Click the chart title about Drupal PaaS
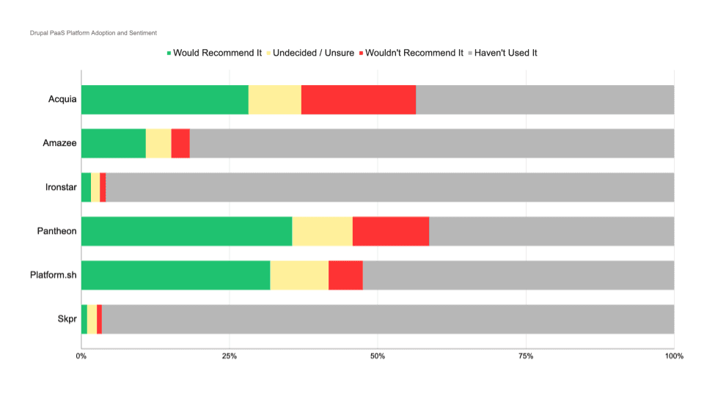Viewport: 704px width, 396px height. pyautogui.click(x=93, y=33)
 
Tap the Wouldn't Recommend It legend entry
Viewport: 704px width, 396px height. pyautogui.click(x=414, y=53)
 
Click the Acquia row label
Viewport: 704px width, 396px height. pyautogui.click(x=62, y=100)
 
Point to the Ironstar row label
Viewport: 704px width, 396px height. pyautogui.click(x=61, y=188)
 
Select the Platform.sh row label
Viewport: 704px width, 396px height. pyautogui.click(x=54, y=276)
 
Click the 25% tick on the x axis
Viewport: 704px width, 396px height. pyautogui.click(x=229, y=356)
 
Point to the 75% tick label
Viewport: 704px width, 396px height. pyautogui.click(x=525, y=356)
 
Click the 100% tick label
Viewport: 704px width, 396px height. pyautogui.click(x=673, y=356)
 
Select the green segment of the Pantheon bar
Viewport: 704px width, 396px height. pyautogui.click(x=186, y=232)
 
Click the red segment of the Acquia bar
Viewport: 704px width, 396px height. pyautogui.click(x=358, y=100)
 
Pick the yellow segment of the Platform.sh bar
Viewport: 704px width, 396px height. pyautogui.click(x=299, y=276)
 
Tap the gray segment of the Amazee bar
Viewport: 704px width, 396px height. pyautogui.click(x=431, y=144)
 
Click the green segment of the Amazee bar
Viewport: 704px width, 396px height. pyautogui.click(x=113, y=144)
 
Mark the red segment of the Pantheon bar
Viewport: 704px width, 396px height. pyautogui.click(x=390, y=232)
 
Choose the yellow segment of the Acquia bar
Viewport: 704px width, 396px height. pyautogui.click(x=274, y=100)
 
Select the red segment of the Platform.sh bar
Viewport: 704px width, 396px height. pyautogui.click(x=345, y=276)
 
